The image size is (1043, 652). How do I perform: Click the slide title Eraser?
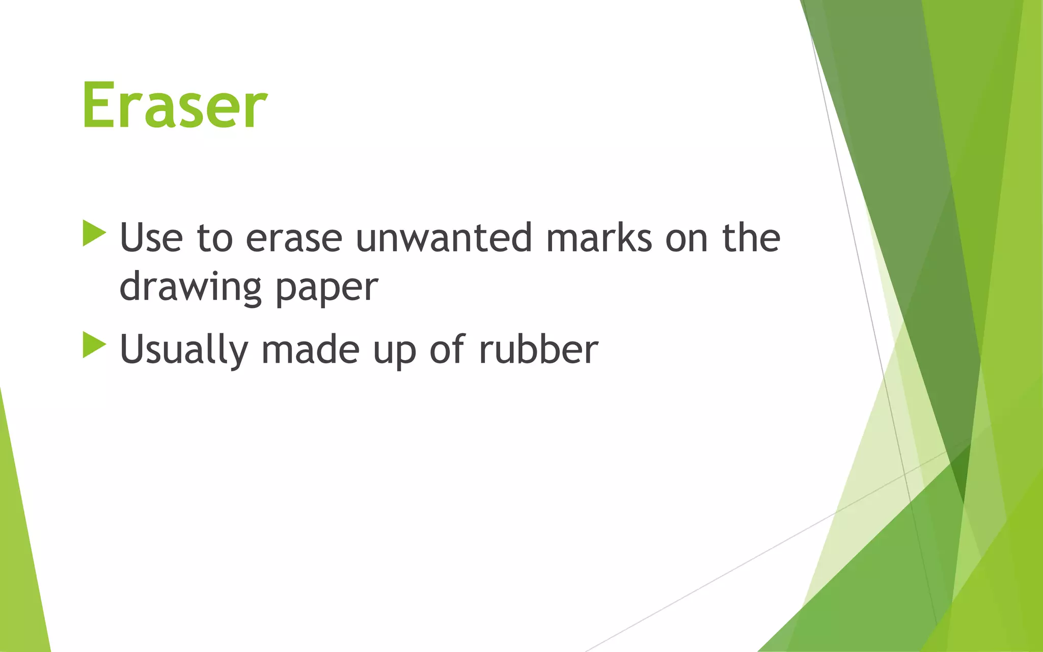click(x=174, y=106)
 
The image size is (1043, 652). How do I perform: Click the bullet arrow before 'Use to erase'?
click(x=93, y=233)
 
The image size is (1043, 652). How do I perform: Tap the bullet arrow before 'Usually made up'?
click(x=93, y=345)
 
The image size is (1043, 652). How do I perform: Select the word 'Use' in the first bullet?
click(x=151, y=238)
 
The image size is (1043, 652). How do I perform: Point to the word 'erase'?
click(x=294, y=238)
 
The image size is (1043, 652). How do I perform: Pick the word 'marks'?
click(x=599, y=238)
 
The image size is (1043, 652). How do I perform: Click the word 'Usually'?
click(x=184, y=350)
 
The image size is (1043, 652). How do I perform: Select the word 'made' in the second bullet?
click(x=310, y=349)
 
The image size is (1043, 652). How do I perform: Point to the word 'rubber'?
click(x=538, y=349)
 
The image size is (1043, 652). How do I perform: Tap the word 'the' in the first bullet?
click(x=751, y=237)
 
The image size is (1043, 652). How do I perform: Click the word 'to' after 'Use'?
click(x=214, y=238)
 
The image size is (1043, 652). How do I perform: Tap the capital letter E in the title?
click(x=99, y=106)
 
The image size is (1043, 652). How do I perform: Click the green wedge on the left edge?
click(x=20, y=560)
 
